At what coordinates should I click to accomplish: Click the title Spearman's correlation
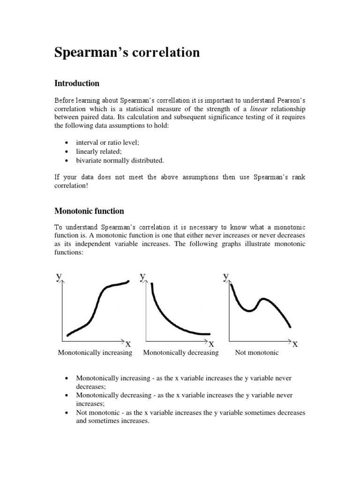[x=127, y=53]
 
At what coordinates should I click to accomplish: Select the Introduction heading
[x=77, y=83]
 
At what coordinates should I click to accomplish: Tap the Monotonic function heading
[x=89, y=211]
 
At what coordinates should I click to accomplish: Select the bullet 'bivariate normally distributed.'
[x=120, y=160]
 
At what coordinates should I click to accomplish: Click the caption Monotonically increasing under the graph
[x=95, y=352]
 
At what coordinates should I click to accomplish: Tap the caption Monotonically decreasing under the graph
[x=180, y=352]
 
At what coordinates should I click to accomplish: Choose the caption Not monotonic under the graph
[x=256, y=352]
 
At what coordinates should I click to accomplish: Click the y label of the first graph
[x=59, y=277]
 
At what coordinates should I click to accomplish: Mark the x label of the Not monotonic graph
[x=295, y=345]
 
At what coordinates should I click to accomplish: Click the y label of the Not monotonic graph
[x=226, y=277]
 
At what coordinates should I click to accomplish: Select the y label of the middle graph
[x=142, y=277]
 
